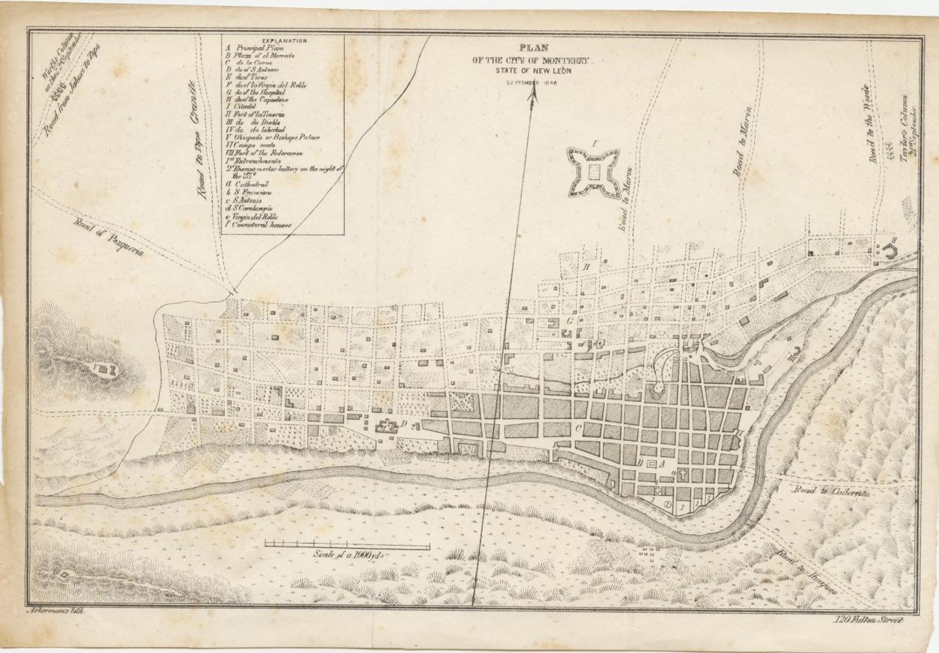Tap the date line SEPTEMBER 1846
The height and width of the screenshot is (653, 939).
pos(532,83)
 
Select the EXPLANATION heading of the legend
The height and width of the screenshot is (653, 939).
pos(284,41)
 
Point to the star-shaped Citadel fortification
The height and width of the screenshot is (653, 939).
pos(593,172)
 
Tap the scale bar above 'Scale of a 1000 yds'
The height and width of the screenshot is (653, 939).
pos(347,545)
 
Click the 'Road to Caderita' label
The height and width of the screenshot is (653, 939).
pos(830,494)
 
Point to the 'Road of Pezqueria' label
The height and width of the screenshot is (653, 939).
pos(108,236)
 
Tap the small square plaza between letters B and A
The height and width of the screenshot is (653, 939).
pos(651,464)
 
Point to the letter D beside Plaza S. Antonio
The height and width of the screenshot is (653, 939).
pos(403,423)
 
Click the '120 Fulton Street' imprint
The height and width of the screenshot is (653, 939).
pos(869,620)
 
